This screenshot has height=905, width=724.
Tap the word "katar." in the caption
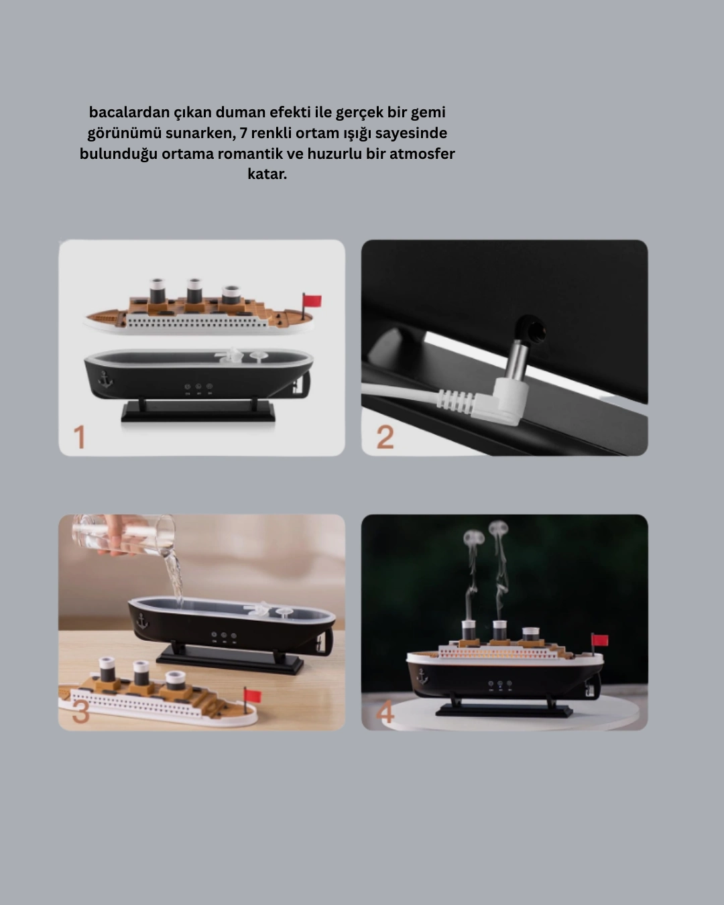pos(267,174)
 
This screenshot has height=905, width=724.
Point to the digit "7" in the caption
pos(243,133)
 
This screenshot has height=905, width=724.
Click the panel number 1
pos(80,437)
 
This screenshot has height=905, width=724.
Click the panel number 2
pos(385,437)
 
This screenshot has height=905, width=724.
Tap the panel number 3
pos(81,712)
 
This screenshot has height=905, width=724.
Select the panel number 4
pos(385,713)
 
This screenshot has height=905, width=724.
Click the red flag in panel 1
pos(312,301)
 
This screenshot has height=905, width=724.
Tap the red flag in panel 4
pos(599,640)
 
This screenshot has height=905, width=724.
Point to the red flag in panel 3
pos(253,695)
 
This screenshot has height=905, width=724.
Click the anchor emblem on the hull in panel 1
pos(104,380)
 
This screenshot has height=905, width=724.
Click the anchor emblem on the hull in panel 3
pos(142,621)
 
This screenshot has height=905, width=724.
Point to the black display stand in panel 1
pos(198,411)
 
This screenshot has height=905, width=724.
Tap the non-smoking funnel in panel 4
pos(530,633)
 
